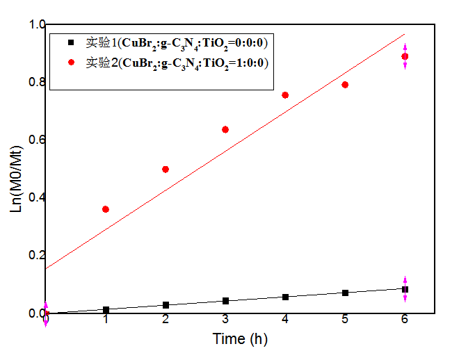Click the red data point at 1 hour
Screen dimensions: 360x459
106,209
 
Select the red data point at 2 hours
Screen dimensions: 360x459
166,169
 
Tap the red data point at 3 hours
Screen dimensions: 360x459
225,129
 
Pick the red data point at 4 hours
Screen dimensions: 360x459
285,95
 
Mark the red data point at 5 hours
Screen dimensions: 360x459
345,85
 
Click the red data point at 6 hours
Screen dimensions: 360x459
405,56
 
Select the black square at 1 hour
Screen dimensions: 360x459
106,310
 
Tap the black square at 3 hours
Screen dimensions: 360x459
225,301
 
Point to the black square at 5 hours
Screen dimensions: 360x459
345,293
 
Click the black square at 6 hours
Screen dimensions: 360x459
405,289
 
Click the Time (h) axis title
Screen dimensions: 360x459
240,339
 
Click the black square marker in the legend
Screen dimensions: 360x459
72,43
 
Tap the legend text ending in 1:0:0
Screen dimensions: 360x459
177,63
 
